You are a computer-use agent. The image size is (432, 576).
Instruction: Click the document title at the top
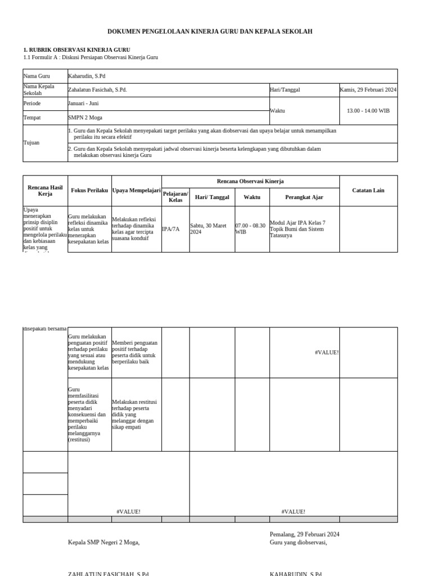210,31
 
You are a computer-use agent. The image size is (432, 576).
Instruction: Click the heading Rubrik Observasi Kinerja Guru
76,50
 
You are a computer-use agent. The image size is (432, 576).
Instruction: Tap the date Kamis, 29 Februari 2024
368,90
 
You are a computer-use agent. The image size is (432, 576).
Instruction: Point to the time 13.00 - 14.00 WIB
368,111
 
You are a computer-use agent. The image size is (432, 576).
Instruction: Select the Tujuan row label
31,143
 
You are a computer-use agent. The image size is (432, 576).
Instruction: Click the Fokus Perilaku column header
89,191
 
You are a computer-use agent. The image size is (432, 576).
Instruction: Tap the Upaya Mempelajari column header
137,191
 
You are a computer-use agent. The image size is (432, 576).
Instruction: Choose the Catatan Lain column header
368,191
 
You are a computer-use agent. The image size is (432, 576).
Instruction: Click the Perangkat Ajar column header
304,197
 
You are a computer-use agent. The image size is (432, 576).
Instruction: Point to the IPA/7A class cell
171,229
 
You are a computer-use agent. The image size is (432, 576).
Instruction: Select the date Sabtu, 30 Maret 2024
209,228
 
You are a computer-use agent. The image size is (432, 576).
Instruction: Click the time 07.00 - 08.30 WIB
250,228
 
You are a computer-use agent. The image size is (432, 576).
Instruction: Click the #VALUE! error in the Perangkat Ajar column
327,353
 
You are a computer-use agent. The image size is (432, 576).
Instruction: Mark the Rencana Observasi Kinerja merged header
250,182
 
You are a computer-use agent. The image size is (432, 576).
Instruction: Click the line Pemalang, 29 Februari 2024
304,534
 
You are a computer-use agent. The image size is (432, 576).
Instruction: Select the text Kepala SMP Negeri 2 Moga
103,542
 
